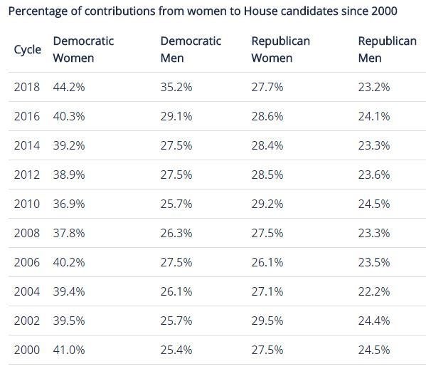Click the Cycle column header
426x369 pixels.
pos(28,50)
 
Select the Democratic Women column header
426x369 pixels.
pos(83,50)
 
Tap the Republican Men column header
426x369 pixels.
pos(387,50)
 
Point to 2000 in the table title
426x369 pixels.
pos(384,11)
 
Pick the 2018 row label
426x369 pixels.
pos(27,87)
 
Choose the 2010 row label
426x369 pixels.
pos(27,204)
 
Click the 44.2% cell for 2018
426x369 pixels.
pos(69,87)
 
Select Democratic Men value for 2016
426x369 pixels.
pos(176,116)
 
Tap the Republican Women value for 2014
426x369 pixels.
pos(267,145)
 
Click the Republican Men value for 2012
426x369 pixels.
pos(374,175)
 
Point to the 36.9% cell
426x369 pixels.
pos(69,204)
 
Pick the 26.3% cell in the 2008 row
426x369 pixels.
pos(176,233)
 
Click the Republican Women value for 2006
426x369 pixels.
pos(267,262)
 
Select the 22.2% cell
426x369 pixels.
pos(374,291)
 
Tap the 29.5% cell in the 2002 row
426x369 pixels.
pos(267,321)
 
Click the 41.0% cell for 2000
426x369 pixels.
pos(69,350)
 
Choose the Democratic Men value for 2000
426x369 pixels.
pos(176,350)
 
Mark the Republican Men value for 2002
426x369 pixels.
pos(374,321)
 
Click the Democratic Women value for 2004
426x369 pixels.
pos(69,291)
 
